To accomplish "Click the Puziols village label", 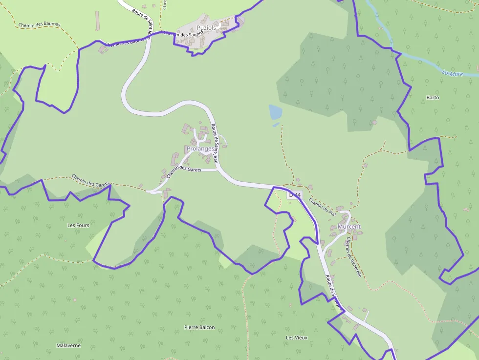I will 206,28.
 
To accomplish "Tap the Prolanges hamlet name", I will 200,148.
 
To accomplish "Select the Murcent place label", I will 349,227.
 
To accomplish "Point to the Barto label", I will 433,97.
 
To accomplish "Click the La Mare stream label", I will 452,74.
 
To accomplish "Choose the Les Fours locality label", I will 78,225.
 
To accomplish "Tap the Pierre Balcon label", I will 199,327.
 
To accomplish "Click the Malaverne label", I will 68,345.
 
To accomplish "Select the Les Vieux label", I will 297,338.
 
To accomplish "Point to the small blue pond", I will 275,112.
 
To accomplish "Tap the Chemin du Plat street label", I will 323,207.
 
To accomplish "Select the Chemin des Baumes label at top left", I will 39,24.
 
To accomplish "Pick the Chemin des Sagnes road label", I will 183,34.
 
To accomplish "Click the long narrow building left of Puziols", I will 97,21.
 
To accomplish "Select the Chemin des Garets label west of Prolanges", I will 90,180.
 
